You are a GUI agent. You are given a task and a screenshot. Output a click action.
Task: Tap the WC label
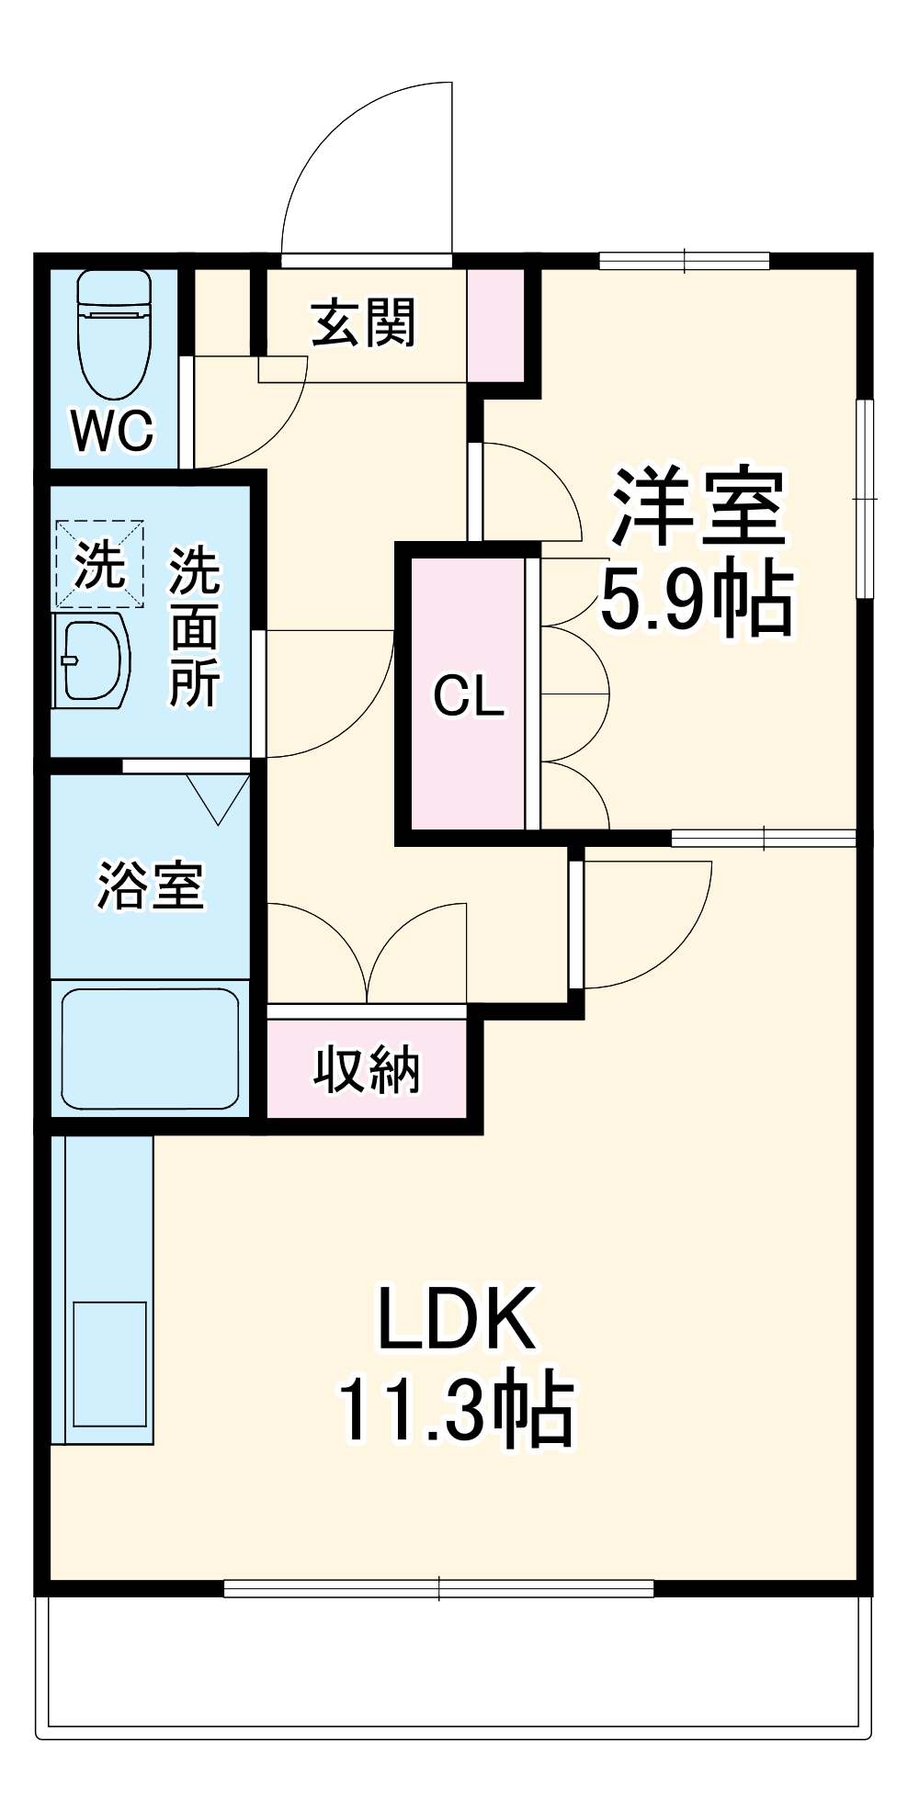click(x=113, y=430)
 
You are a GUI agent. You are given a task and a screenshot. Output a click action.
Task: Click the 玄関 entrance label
click(x=364, y=322)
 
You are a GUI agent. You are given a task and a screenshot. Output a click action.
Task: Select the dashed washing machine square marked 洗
click(x=99, y=564)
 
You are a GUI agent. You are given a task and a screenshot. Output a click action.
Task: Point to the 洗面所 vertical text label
click(x=194, y=627)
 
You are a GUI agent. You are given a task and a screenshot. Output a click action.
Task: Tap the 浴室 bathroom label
click(x=150, y=885)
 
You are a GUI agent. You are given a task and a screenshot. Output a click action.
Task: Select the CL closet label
click(x=469, y=695)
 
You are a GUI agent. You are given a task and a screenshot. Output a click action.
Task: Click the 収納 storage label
click(x=367, y=1070)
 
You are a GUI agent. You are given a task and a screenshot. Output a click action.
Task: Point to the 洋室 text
click(x=698, y=507)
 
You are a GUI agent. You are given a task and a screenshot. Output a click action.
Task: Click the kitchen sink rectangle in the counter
click(x=109, y=1364)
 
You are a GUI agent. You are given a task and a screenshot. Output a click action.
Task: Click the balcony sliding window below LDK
click(x=439, y=1588)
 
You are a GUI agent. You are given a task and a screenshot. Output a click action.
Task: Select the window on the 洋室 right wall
click(x=864, y=499)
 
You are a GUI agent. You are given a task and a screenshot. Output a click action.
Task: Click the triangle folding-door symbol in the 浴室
click(x=219, y=797)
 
